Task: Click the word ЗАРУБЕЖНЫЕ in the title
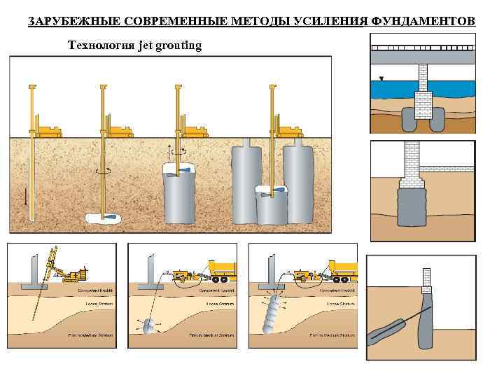click(60, 21)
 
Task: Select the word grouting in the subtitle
click(178, 45)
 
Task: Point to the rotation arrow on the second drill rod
click(103, 170)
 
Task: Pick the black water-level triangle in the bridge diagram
click(381, 78)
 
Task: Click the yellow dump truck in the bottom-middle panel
click(222, 269)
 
